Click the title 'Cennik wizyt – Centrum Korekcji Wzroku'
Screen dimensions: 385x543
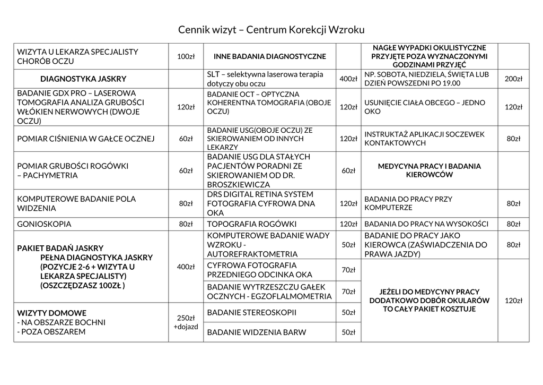pyautogui.click(x=271, y=30)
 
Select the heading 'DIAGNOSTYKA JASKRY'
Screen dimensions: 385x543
pyautogui.click(x=83, y=79)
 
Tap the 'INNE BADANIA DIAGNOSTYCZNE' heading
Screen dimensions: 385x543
pyautogui.click(x=269, y=56)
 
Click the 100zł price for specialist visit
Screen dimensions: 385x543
pyautogui.click(x=186, y=56)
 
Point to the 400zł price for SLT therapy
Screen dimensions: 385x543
pyautogui.click(x=348, y=79)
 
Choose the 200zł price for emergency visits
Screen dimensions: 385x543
pyautogui.click(x=513, y=79)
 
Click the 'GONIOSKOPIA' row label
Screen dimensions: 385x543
pyautogui.click(x=45, y=224)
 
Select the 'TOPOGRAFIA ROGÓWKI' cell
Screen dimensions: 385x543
pyautogui.click(x=251, y=224)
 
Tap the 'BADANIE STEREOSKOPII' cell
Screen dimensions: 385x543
pyautogui.click(x=251, y=312)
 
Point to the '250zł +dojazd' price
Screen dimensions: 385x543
pyautogui.click(x=186, y=322)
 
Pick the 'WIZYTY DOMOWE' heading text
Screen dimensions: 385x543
pyautogui.click(x=52, y=313)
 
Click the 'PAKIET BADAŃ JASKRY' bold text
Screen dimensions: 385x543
pyautogui.click(x=60, y=248)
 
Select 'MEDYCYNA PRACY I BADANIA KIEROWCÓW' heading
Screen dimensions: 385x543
pyautogui.click(x=429, y=170)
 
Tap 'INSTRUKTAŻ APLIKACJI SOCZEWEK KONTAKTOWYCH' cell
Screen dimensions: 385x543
pyautogui.click(x=424, y=139)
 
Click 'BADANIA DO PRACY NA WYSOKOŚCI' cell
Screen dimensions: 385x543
pyautogui.click(x=426, y=224)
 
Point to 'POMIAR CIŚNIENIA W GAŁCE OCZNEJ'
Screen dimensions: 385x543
pyautogui.click(x=86, y=139)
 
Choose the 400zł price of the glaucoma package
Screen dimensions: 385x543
pyautogui.click(x=186, y=267)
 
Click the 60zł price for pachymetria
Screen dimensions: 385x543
pyautogui.click(x=186, y=170)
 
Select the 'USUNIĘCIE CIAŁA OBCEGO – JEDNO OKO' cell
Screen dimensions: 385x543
pyautogui.click(x=425, y=107)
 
